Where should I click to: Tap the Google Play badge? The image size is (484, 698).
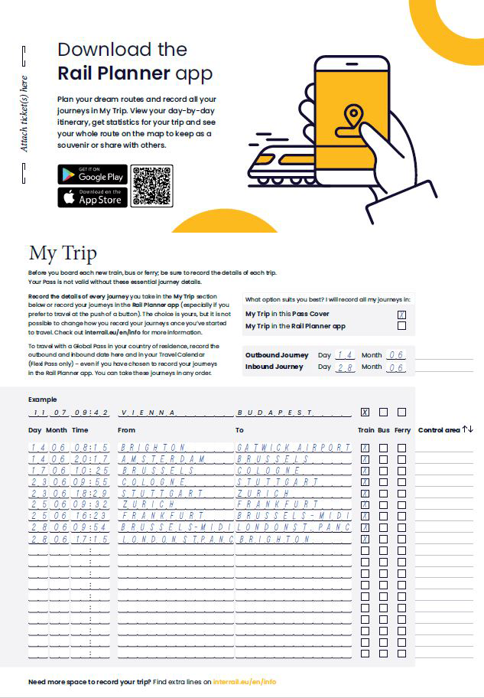pos(92,174)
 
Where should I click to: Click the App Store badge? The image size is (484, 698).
pos(92,197)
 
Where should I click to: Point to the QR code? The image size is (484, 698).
pos(151,185)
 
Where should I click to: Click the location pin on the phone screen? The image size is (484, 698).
pos(352,117)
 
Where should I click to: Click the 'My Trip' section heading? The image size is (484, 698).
pos(63,254)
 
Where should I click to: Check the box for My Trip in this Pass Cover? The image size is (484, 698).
pos(401,314)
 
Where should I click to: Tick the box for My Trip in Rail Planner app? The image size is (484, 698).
pos(401,326)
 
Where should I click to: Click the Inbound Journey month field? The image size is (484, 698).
pos(395,367)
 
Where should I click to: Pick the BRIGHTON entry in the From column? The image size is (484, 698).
pos(153,447)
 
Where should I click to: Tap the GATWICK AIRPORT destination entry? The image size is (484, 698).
pos(294,447)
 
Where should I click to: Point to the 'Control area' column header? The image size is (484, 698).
pos(440,430)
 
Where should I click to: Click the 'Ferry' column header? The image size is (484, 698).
pos(401,430)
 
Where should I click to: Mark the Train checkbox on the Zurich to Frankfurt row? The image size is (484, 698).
pos(365,505)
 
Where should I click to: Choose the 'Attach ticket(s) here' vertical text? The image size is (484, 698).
pos(24,113)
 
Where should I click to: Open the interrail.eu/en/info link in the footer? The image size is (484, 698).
pos(245,680)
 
